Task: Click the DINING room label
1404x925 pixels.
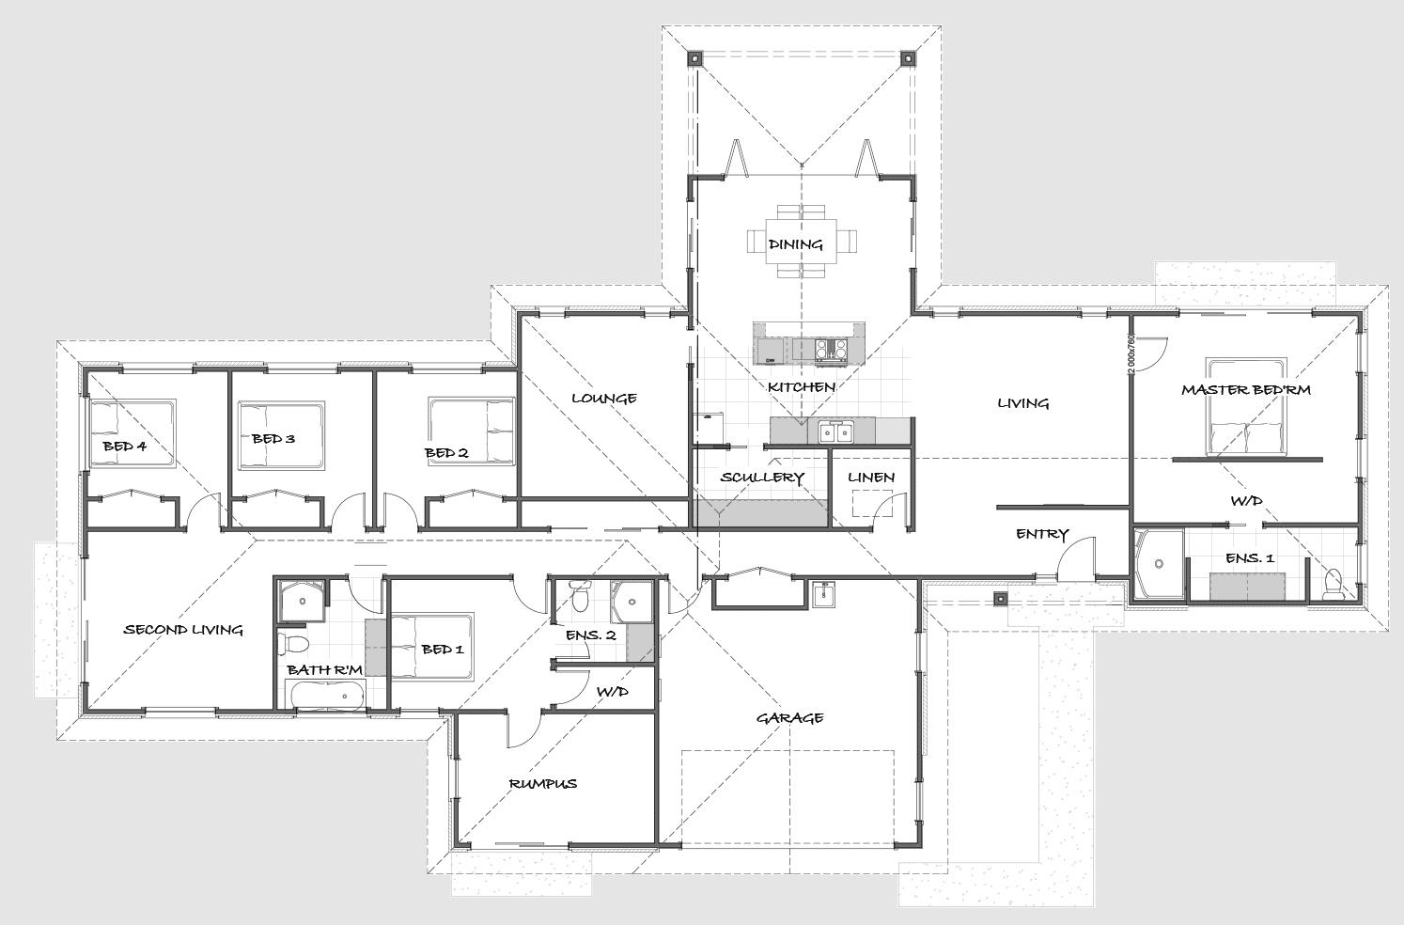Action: (795, 244)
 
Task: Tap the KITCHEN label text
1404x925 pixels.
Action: (802, 387)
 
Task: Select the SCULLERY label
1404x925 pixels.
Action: (761, 478)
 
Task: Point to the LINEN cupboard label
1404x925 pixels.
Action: (871, 478)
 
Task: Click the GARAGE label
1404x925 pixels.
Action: (789, 717)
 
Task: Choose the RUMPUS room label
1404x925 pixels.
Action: (543, 783)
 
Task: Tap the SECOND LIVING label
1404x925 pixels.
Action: (183, 630)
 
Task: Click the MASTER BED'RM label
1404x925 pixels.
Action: (1246, 389)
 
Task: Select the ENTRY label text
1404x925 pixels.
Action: (1042, 534)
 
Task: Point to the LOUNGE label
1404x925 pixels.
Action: (604, 399)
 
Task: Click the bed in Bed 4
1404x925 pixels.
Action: (132, 433)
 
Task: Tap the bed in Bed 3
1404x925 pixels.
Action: (281, 435)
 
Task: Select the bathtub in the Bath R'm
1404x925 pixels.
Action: (326, 697)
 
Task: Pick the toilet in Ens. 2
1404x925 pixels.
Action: (581, 596)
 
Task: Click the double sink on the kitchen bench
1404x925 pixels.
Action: (836, 432)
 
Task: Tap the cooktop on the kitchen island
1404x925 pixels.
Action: (831, 349)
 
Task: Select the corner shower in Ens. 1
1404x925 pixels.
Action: (1160, 563)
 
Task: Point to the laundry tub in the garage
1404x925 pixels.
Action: (823, 594)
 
